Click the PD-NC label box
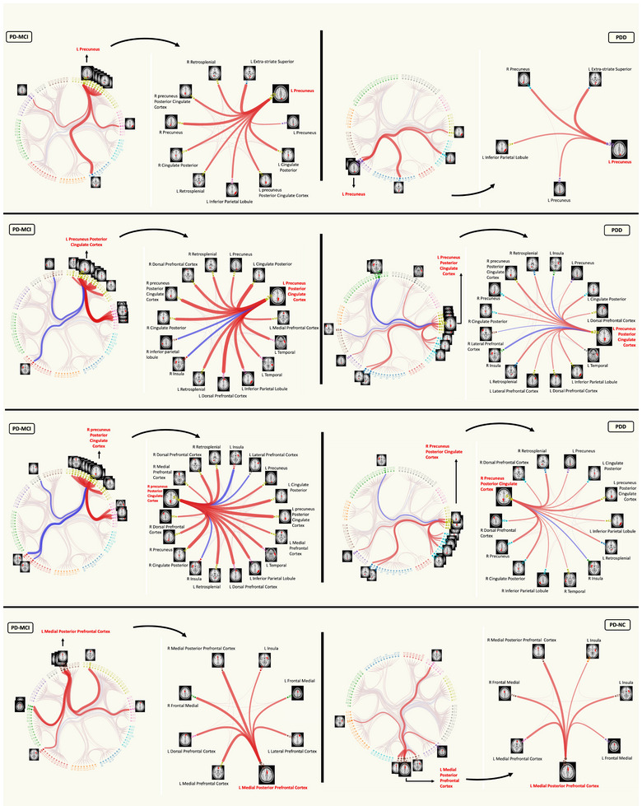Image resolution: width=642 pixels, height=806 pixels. click(x=610, y=627)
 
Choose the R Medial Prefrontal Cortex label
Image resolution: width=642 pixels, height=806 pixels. click(x=161, y=471)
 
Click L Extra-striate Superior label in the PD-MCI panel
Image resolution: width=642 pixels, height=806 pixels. click(x=276, y=61)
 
